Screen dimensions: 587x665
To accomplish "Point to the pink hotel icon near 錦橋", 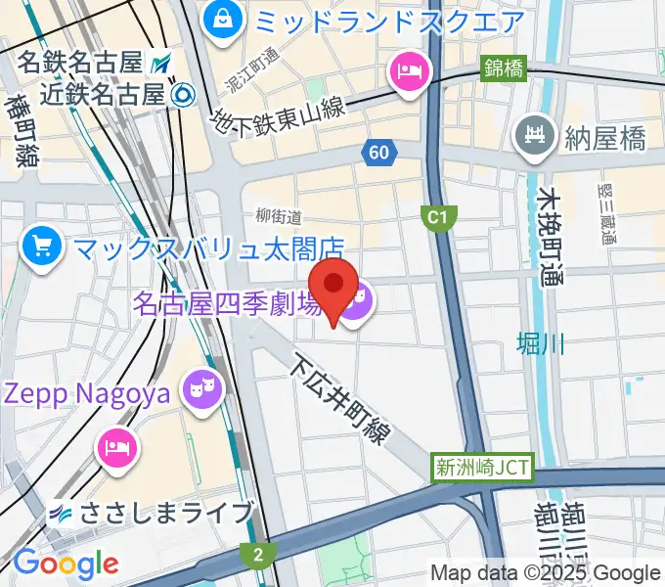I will point(406,70).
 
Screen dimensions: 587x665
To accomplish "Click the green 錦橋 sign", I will point(504,68).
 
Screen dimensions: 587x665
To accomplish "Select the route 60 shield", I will point(378,152).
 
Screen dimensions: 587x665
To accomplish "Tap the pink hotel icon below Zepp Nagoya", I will point(118,448).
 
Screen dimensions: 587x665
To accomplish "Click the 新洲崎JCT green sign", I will point(482,468).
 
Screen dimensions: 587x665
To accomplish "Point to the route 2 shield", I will point(257,555).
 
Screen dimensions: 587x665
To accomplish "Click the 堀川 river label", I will point(541,343).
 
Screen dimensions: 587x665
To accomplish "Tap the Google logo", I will point(66,564).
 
